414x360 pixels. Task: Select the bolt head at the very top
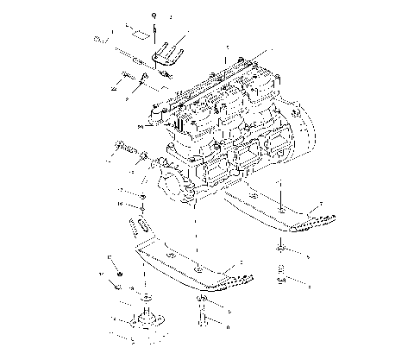pos(154,17)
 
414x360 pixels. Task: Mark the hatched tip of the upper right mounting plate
pos(305,226)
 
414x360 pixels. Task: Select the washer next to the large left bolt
pos(143,161)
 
